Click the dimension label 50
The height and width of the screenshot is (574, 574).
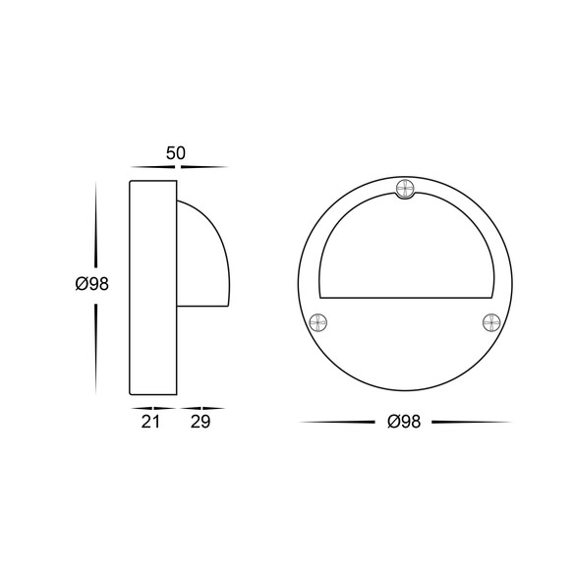(176, 153)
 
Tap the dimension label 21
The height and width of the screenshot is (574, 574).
(150, 422)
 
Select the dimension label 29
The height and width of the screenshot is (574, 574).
(201, 422)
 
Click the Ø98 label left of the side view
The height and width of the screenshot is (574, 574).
(91, 284)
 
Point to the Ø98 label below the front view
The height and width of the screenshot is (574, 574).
(404, 422)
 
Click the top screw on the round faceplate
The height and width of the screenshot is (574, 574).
(406, 190)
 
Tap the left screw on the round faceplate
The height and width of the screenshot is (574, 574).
(317, 322)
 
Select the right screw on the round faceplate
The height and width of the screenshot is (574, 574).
(491, 322)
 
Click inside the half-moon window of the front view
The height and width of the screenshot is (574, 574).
(406, 257)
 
